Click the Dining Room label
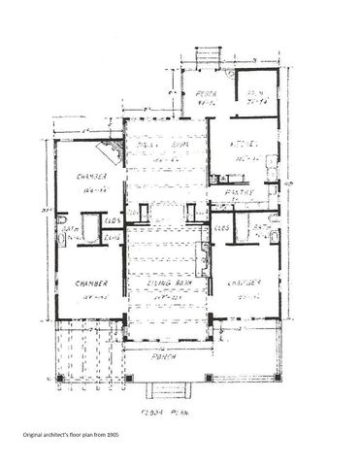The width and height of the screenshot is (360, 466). pos(157,143)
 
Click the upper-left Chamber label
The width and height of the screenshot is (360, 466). pos(88,178)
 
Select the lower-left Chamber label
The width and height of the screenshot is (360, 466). pos(88,283)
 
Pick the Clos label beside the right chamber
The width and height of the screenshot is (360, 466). pos(221,227)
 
